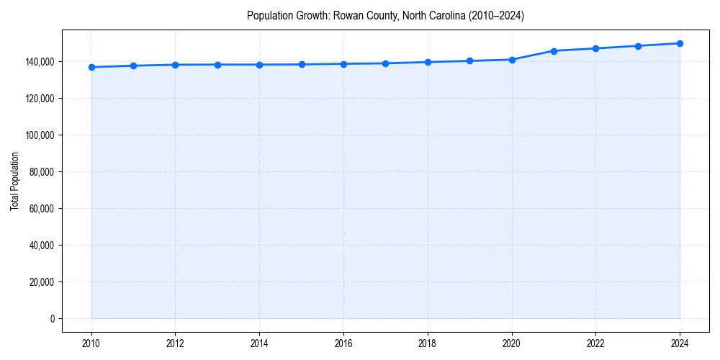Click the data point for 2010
(91, 67)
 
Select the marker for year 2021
(554, 51)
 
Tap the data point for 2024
(680, 43)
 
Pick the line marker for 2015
(302, 64)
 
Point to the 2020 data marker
(512, 60)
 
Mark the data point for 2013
(217, 65)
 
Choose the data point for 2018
(428, 62)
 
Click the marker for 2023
(638, 46)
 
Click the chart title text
(385, 15)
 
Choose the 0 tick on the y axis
(52, 319)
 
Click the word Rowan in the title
(346, 15)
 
